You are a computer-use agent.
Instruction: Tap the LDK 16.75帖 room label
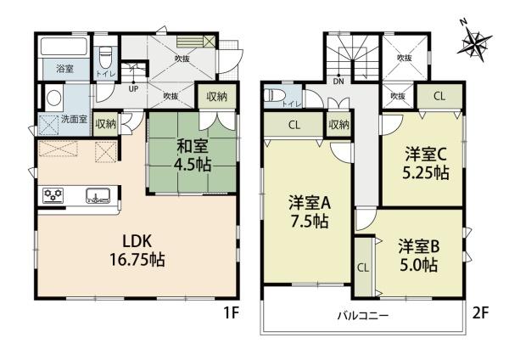(137, 250)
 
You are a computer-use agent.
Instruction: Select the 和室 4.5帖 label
(193, 155)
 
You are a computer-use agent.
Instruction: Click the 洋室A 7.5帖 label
(310, 212)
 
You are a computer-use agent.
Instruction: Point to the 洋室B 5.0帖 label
(419, 256)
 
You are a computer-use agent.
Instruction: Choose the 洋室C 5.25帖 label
(426, 163)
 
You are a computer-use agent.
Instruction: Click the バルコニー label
(362, 316)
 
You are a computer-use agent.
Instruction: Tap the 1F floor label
(232, 313)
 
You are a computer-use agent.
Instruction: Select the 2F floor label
(480, 313)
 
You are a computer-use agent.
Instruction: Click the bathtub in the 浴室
(64, 47)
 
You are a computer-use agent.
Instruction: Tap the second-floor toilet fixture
(275, 96)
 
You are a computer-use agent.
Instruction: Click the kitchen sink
(98, 196)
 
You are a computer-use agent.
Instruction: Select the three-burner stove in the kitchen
(53, 195)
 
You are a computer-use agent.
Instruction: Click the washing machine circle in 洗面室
(53, 97)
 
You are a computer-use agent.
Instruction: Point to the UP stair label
(133, 88)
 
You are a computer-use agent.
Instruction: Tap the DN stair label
(338, 82)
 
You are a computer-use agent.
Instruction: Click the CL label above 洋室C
(439, 96)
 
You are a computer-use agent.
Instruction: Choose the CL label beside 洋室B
(363, 267)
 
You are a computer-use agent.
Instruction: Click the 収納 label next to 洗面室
(106, 124)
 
